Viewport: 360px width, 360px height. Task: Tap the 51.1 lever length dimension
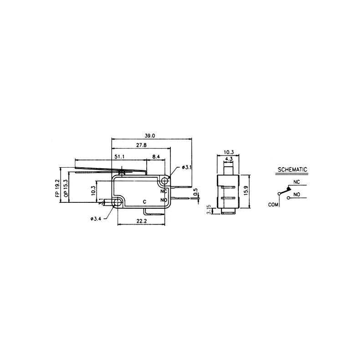(120, 156)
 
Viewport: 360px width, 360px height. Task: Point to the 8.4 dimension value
(156, 156)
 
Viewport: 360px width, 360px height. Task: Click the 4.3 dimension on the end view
(229, 159)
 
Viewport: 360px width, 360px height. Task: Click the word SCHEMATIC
(292, 170)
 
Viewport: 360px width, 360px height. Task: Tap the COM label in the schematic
(273, 205)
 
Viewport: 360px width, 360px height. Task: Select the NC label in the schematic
(296, 181)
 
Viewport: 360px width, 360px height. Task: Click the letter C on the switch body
(144, 201)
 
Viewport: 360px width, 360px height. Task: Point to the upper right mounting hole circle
(164, 181)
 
